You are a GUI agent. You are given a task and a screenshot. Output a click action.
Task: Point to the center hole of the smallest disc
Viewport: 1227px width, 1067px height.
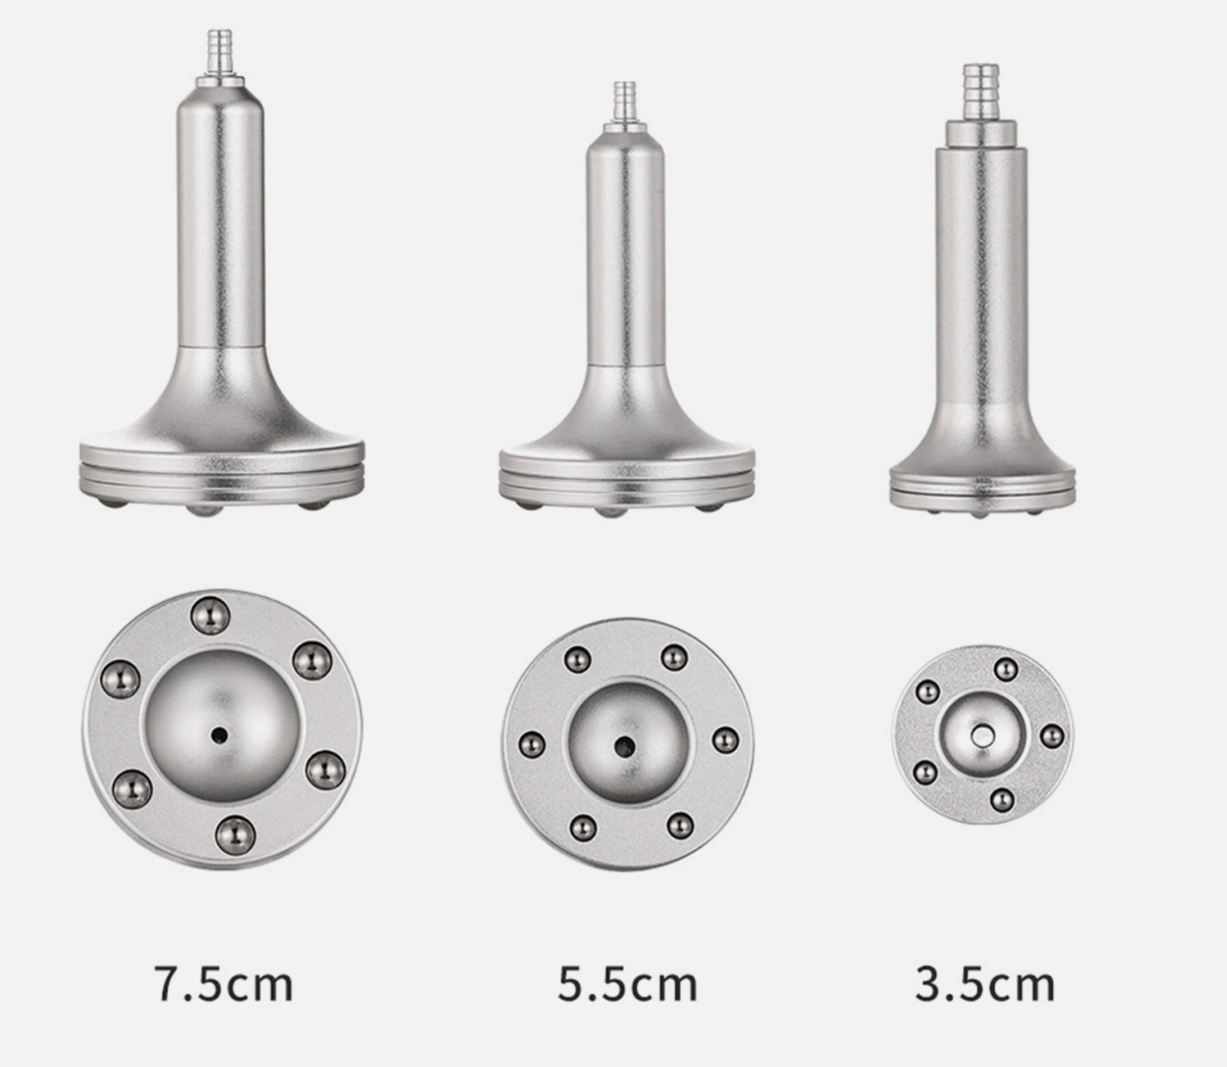(982, 736)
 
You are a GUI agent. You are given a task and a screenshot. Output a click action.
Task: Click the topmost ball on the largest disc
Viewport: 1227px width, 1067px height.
(209, 616)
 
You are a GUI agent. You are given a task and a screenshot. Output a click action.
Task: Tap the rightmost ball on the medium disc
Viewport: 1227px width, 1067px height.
(726, 740)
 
